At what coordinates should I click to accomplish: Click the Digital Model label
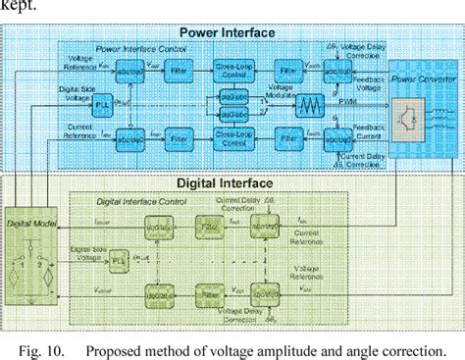28,223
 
